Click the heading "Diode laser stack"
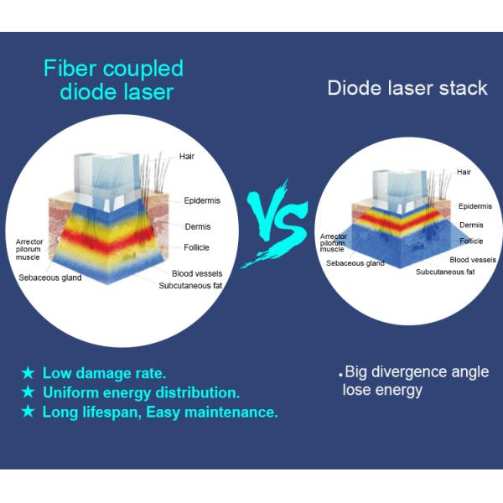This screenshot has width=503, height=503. click(x=407, y=88)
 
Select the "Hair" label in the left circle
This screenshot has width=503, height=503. click(x=188, y=156)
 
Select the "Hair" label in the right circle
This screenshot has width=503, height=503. click(x=464, y=172)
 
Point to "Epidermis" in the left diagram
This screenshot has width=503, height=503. click(x=202, y=200)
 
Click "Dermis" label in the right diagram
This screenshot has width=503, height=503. click(x=471, y=225)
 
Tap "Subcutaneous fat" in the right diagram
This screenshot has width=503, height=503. click(x=445, y=272)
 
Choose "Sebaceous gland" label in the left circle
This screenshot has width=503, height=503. click(x=50, y=277)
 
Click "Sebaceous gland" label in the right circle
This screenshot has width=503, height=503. click(x=355, y=263)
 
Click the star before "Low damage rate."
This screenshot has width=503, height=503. click(x=28, y=372)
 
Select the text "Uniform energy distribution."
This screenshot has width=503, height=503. click(x=141, y=392)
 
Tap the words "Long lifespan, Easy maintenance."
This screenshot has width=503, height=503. click(x=160, y=412)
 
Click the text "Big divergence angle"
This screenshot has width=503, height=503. click(x=416, y=372)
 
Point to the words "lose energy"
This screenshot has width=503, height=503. click(x=382, y=391)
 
